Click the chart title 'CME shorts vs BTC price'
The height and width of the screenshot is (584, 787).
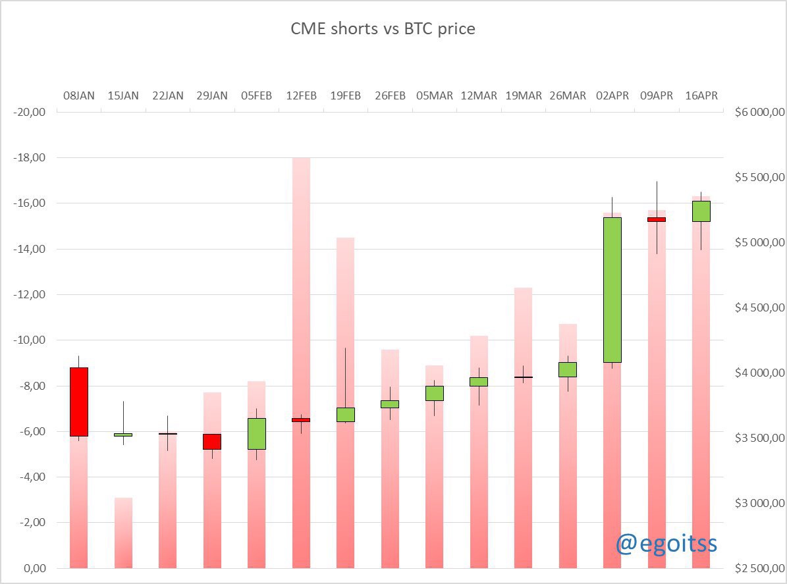[x=383, y=29]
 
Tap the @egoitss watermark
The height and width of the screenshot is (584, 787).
[x=666, y=543]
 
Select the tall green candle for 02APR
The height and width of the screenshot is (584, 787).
[x=612, y=290]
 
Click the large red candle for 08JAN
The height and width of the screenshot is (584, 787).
[x=78, y=402]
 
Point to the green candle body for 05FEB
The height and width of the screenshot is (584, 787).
[x=257, y=433]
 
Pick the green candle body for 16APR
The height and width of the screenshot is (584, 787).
[x=701, y=211]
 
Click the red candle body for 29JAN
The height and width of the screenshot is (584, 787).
[x=212, y=441]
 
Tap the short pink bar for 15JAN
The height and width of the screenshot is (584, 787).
[x=123, y=533]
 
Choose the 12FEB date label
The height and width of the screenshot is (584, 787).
[x=301, y=95]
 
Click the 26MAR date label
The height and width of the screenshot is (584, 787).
[x=568, y=95]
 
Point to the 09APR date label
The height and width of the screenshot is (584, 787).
[x=657, y=95]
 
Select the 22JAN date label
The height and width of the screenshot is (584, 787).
[x=167, y=95]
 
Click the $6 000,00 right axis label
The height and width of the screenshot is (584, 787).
[x=759, y=113]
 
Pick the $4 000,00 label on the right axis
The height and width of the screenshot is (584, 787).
[x=759, y=373]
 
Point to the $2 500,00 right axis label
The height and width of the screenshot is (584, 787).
[x=759, y=568]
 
